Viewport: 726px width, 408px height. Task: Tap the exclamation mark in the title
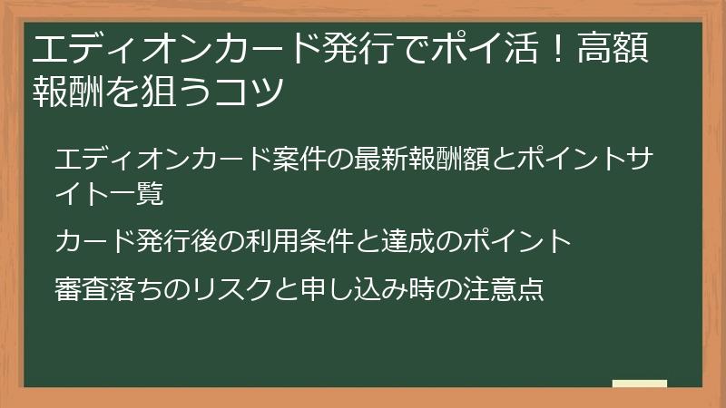click(558, 48)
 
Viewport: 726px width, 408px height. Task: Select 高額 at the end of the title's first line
click(613, 48)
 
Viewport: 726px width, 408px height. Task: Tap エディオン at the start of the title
click(123, 48)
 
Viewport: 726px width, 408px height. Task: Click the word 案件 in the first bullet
click(299, 160)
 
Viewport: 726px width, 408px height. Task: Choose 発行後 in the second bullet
click(177, 241)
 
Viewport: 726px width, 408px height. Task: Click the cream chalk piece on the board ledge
click(640, 384)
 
